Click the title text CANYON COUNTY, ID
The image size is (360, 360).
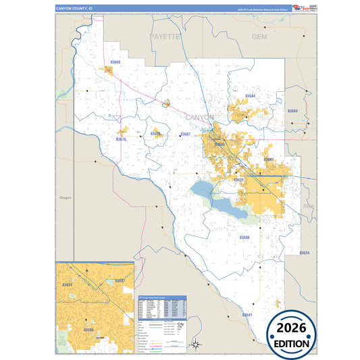tap(73, 9)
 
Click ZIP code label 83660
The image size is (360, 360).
tap(115, 62)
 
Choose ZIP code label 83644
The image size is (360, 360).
tap(251, 97)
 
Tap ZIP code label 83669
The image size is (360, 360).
tap(292, 111)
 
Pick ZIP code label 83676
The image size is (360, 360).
tap(121, 139)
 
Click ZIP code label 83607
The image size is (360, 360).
tap(185, 134)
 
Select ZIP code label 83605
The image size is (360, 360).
tap(220, 145)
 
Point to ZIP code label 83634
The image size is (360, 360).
tap(304, 253)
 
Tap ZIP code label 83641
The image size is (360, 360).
tap(247, 315)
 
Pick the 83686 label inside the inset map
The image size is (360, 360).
tap(88, 330)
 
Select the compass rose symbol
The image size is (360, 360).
tap(195, 345)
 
